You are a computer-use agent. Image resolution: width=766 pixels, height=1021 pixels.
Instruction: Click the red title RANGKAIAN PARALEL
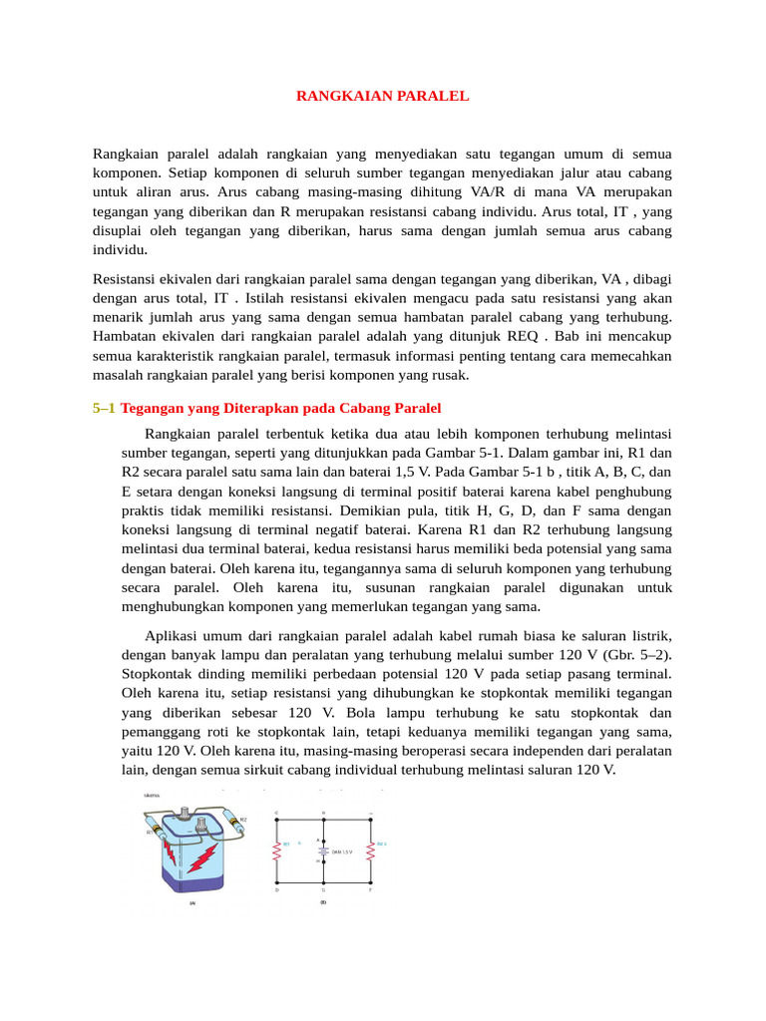coord(382,97)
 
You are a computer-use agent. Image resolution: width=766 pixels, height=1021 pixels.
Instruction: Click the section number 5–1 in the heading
coord(104,409)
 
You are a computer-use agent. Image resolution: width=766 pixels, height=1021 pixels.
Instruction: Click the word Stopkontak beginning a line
coord(159,673)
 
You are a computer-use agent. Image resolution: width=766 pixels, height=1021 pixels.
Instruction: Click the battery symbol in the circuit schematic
coord(323,851)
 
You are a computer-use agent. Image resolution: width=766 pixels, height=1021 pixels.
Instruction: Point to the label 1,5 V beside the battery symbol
coord(343,852)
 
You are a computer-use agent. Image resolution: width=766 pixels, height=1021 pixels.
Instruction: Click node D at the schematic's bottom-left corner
coord(276,889)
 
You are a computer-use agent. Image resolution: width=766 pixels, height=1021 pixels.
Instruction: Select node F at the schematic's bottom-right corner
coord(371,889)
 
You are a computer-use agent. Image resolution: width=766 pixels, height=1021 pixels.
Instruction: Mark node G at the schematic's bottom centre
coord(323,889)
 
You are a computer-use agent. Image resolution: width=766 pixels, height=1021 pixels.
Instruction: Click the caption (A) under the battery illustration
coord(191,903)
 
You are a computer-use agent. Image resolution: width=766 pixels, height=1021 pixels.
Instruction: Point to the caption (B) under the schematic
coord(323,902)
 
